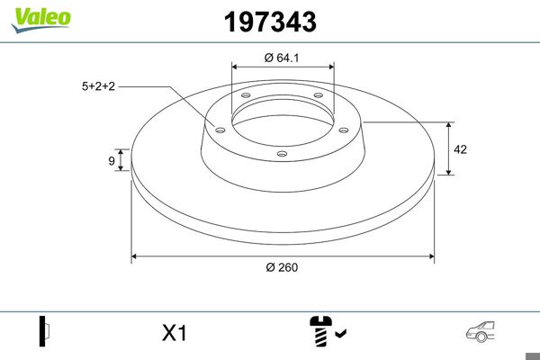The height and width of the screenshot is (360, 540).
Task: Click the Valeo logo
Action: [x=41, y=20]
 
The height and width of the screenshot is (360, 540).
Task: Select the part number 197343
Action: [x=270, y=22]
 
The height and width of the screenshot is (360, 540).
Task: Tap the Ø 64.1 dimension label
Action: [x=282, y=58]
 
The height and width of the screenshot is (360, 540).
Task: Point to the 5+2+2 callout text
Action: [x=98, y=86]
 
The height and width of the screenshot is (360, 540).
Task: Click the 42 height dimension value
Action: [x=461, y=149]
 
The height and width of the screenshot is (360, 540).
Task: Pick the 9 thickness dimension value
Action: [x=112, y=160]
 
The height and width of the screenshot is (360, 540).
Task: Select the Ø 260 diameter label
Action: [x=282, y=267]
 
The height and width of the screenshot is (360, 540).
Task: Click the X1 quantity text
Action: [x=175, y=333]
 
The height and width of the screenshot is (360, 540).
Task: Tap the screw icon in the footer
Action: [x=320, y=330]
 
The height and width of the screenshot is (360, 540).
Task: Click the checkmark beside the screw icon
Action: [x=341, y=333]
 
